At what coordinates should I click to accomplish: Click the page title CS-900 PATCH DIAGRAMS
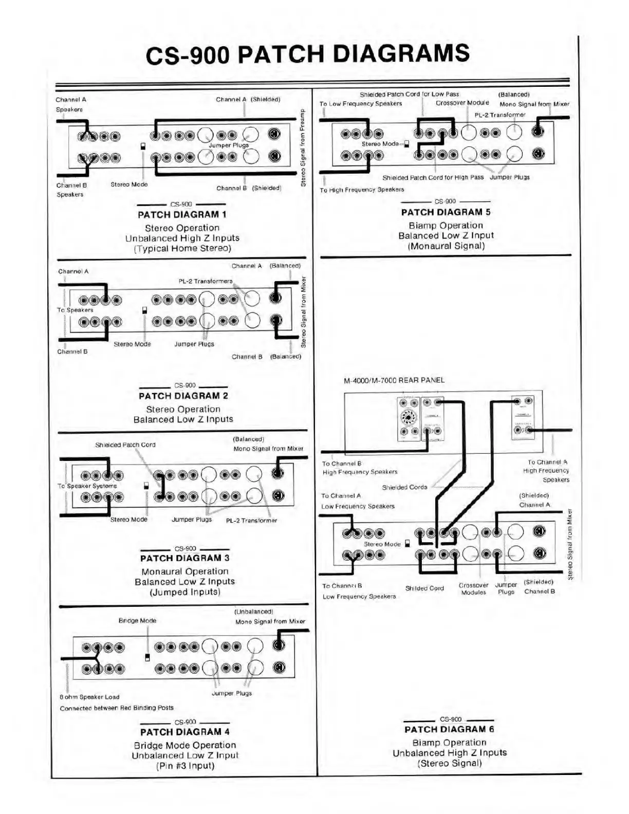(307, 54)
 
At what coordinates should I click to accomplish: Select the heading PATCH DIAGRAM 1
(181, 215)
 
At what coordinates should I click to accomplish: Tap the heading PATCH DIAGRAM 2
(183, 396)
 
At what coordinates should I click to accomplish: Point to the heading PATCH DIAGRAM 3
(184, 558)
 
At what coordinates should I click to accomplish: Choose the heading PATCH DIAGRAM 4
(184, 732)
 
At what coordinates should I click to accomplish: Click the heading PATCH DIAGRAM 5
(446, 212)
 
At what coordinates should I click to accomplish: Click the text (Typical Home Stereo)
(182, 249)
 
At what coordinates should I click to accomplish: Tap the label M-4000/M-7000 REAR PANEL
(394, 380)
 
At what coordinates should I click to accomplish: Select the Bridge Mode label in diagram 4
(137, 621)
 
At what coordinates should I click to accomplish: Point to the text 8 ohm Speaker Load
(89, 697)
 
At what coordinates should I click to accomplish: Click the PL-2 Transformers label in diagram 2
(205, 281)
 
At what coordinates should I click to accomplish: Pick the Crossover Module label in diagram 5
(462, 103)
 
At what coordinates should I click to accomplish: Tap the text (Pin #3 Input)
(185, 766)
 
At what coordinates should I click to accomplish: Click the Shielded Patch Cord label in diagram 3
(125, 445)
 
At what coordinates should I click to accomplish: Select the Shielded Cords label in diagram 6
(404, 487)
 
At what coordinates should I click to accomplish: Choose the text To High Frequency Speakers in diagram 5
(362, 190)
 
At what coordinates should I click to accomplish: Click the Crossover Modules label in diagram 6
(473, 589)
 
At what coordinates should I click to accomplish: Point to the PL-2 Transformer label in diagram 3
(251, 521)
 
